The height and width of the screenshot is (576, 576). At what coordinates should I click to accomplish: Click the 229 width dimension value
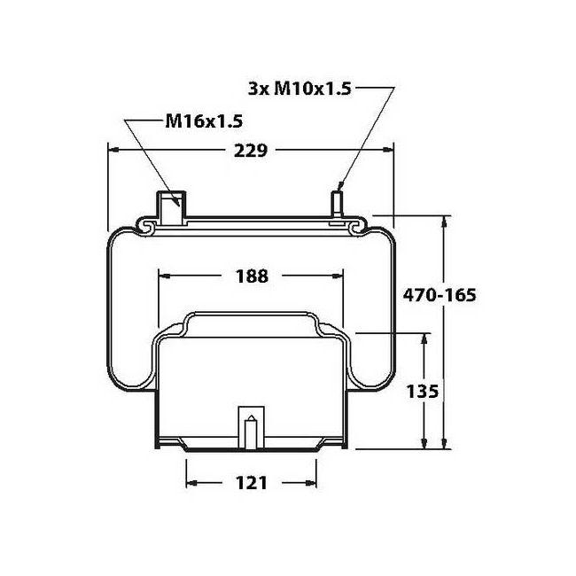click(251, 151)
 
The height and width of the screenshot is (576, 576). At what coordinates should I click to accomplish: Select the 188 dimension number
click(252, 276)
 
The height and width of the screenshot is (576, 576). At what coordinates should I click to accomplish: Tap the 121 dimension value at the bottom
click(252, 483)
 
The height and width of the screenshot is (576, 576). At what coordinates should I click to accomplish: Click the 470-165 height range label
click(440, 295)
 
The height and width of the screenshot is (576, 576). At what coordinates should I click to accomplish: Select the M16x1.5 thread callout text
click(204, 121)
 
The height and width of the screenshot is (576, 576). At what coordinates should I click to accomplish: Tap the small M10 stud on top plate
click(338, 203)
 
